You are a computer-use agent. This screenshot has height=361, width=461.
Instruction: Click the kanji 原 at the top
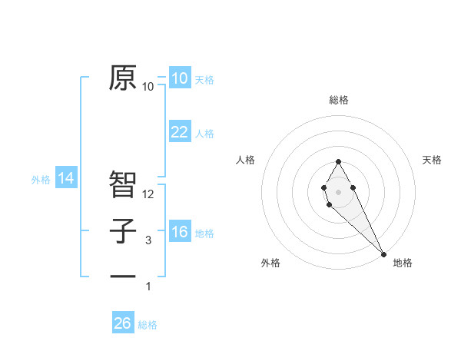click(x=123, y=78)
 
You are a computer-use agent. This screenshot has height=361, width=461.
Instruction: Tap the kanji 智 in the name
click(x=123, y=184)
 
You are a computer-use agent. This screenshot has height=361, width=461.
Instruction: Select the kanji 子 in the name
click(x=123, y=231)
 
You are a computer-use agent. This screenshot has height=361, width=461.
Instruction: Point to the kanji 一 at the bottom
click(x=123, y=275)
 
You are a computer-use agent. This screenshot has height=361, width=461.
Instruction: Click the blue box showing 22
click(x=179, y=132)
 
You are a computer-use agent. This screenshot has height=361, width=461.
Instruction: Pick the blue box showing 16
click(x=179, y=232)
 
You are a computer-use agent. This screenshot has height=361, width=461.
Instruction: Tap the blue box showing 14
click(x=66, y=179)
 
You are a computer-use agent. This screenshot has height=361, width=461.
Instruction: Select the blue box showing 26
click(x=123, y=323)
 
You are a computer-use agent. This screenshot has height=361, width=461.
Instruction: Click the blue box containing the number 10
click(x=179, y=78)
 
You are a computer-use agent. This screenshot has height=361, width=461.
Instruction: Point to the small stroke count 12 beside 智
click(x=149, y=194)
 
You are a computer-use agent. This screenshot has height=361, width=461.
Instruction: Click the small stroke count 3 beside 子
click(x=148, y=240)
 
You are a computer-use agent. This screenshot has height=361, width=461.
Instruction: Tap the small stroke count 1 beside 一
click(x=148, y=286)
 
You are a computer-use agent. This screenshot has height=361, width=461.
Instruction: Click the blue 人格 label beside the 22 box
click(x=204, y=134)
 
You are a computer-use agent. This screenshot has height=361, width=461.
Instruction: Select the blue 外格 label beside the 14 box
click(x=41, y=180)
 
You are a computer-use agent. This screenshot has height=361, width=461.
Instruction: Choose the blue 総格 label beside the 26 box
click(x=148, y=325)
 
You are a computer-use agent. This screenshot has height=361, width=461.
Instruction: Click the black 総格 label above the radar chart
click(x=338, y=100)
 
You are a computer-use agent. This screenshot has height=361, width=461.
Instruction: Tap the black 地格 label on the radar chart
click(x=403, y=263)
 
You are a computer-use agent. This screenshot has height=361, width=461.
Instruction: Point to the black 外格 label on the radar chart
click(x=270, y=263)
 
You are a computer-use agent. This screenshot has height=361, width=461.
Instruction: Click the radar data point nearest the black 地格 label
click(x=383, y=254)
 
